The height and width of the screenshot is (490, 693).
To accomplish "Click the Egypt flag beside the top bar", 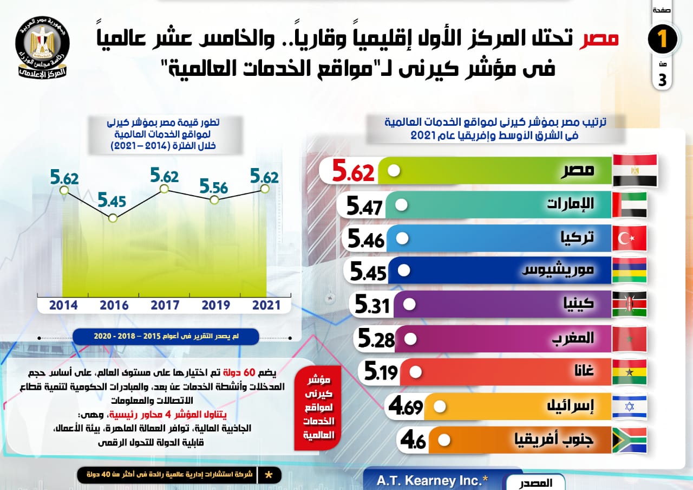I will click(x=635, y=170).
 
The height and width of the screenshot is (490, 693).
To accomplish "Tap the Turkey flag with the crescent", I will click(x=629, y=238).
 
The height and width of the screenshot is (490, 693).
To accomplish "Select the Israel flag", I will click(x=629, y=407).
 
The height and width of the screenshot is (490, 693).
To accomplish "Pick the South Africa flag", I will click(x=629, y=440).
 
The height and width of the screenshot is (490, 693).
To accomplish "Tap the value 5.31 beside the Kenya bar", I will click(x=372, y=306).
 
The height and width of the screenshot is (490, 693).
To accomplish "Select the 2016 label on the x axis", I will click(x=114, y=305).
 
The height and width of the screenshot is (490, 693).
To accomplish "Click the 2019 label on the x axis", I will click(x=215, y=305).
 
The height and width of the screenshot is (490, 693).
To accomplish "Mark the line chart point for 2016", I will click(x=113, y=218).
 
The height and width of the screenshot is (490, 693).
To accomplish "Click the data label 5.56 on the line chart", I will click(x=214, y=186).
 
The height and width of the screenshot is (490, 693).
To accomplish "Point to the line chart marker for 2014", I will click(x=64, y=190).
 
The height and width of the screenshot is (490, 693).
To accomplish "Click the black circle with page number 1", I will click(x=662, y=40).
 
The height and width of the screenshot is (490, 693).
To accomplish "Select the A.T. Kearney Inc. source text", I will click(x=432, y=480).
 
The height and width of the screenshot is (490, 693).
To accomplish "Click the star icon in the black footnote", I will click(x=269, y=475).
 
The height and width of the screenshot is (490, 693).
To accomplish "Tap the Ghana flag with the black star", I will click(x=629, y=372).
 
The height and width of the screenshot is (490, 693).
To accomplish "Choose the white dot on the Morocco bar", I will click(x=410, y=339).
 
